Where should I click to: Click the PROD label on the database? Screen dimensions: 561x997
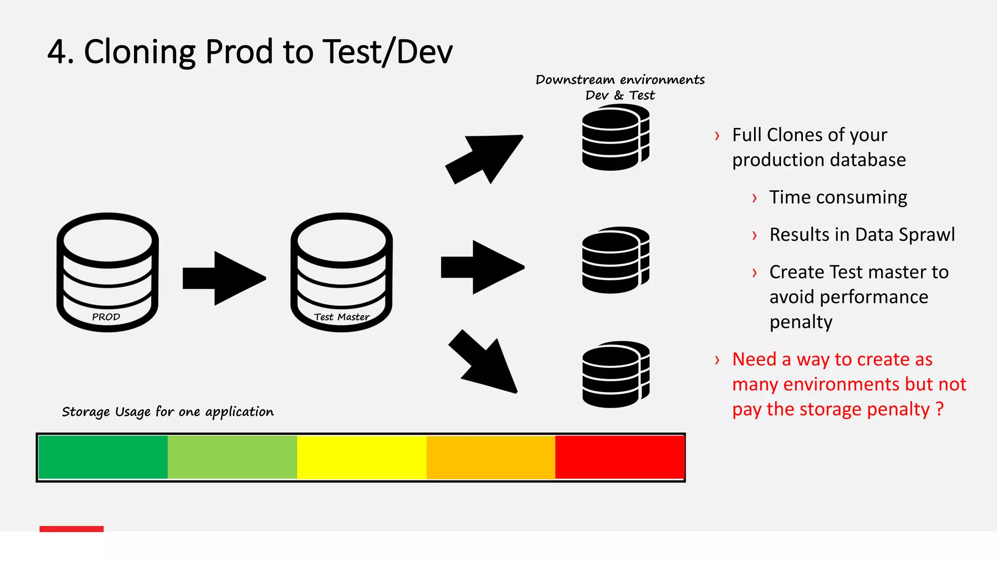tap(106, 317)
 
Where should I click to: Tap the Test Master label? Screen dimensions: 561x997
tap(342, 317)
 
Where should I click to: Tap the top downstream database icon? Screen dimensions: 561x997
tap(615, 138)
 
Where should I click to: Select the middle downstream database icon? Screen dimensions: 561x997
tap(615, 261)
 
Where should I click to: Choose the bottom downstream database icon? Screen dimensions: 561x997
tap(615, 375)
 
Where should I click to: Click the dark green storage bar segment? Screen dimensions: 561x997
tap(103, 457)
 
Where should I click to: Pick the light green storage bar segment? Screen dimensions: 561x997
tap(232, 457)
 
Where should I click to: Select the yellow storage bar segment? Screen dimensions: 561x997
tap(362, 457)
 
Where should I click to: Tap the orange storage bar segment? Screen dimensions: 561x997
tap(491, 457)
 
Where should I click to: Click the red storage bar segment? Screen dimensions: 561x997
tap(620, 457)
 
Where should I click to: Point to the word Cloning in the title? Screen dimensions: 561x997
tap(140, 52)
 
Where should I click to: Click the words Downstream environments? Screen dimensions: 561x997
tap(620, 80)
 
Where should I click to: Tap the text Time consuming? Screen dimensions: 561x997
tap(838, 197)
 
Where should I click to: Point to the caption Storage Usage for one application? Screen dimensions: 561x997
tap(167, 412)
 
